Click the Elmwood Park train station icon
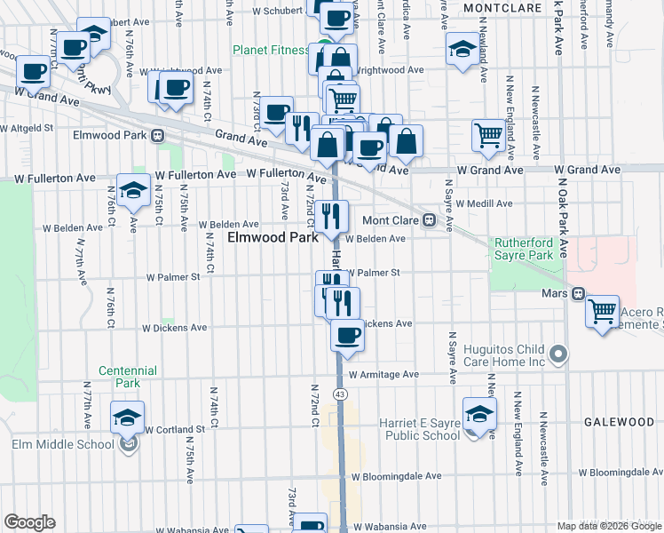pyautogui.click(x=157, y=136)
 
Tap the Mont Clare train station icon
pyautogui.click(x=429, y=219)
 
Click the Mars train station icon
pyautogui.click(x=578, y=292)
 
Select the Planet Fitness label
pyautogui.click(x=271, y=51)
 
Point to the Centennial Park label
pyautogui.click(x=128, y=377)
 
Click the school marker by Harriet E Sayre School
pyautogui.click(x=479, y=415)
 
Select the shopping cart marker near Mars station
pyautogui.click(x=603, y=311)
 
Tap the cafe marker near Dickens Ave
pyautogui.click(x=347, y=335)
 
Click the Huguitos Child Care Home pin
pyautogui.click(x=558, y=355)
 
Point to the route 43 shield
pyautogui.click(x=339, y=394)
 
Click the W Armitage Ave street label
pyautogui.click(x=383, y=375)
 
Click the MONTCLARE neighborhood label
pyautogui.click(x=502, y=7)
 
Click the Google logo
pyautogui.click(x=29, y=522)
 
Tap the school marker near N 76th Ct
pyautogui.click(x=133, y=191)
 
